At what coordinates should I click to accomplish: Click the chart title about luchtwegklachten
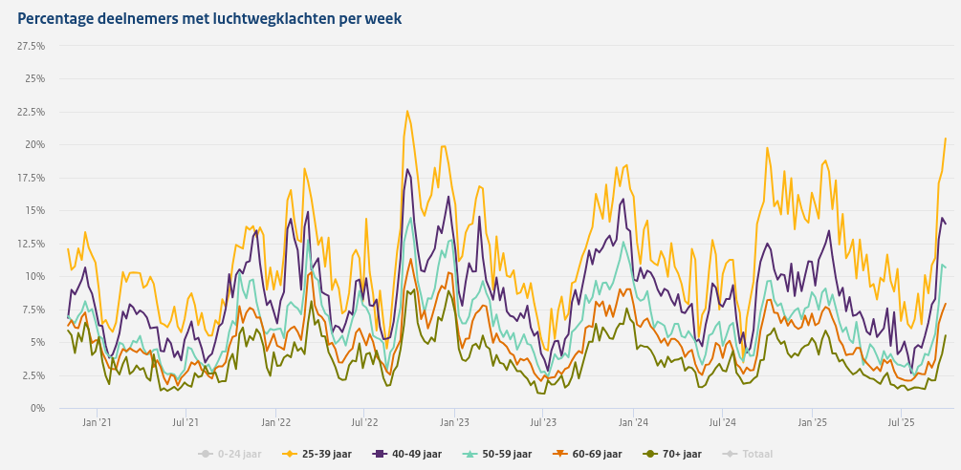click(209, 18)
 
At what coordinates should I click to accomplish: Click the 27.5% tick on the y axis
click(32, 46)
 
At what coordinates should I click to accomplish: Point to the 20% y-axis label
click(35, 144)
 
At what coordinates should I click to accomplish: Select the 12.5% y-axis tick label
click(32, 244)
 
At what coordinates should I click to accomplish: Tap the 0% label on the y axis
click(38, 408)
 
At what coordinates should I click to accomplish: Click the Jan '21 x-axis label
click(97, 421)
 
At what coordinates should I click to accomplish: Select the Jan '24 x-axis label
click(633, 421)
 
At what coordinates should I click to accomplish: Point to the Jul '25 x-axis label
click(902, 421)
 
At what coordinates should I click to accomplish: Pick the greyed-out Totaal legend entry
click(750, 454)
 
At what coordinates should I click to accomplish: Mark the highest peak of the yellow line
click(406, 111)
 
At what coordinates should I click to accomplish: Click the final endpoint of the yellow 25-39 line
click(946, 139)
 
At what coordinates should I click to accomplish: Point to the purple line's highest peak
click(407, 170)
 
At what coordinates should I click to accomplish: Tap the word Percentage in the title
click(57, 18)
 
